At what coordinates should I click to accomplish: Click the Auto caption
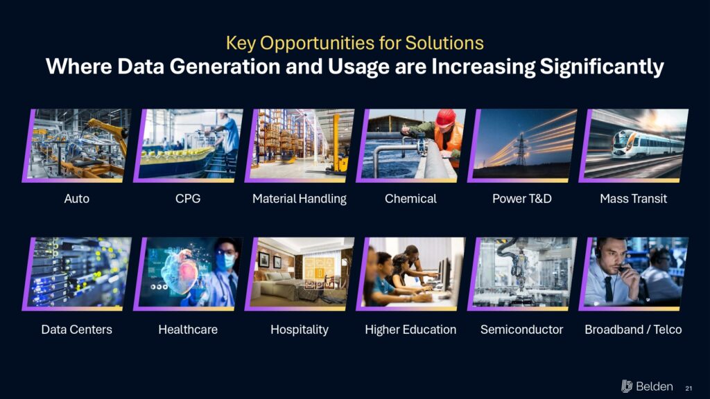[76, 199]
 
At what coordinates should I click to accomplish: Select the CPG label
[188, 199]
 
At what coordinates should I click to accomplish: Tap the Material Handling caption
[300, 199]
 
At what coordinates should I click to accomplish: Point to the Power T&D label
[522, 199]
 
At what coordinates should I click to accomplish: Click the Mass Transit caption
[634, 199]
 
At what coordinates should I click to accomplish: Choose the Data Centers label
[76, 329]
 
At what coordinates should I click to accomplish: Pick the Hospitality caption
[300, 330]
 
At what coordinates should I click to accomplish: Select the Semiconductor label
[521, 329]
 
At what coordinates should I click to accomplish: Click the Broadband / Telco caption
[633, 329]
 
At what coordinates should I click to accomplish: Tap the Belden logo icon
[627, 386]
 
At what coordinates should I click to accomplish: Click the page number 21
[689, 388]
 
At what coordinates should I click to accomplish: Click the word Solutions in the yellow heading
[444, 44]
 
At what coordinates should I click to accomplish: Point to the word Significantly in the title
[602, 67]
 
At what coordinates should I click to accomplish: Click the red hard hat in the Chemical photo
[446, 118]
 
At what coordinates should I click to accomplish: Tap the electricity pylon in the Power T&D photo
[521, 150]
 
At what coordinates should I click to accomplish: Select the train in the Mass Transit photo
[647, 143]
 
